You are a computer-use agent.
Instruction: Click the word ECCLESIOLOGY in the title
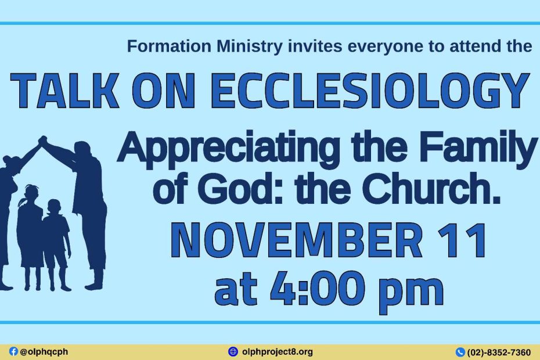[x=370, y=91]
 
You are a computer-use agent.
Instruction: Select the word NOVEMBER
[x=297, y=240]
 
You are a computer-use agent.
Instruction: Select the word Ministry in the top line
[x=250, y=47]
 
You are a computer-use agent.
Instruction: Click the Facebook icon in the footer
[x=13, y=351]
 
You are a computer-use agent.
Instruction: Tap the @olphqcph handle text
[x=44, y=352]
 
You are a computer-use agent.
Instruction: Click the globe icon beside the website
[x=233, y=352]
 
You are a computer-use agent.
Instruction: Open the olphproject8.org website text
[x=278, y=352]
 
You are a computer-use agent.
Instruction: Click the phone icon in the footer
[x=460, y=352]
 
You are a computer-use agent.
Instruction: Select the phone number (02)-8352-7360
[x=499, y=352]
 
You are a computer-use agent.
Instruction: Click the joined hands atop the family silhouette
[x=42, y=140]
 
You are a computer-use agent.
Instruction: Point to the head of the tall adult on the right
[x=82, y=150]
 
